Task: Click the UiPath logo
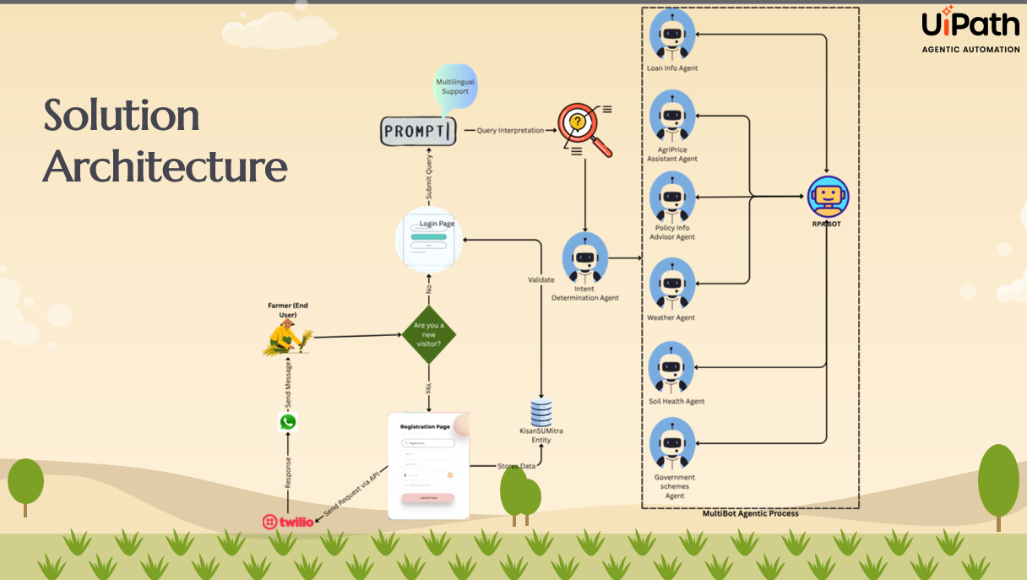click(970, 25)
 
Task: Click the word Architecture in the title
click(166, 167)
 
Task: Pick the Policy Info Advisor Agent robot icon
click(672, 198)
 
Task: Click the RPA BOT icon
click(828, 197)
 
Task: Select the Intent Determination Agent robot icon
click(585, 258)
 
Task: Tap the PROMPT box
click(418, 132)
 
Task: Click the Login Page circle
click(429, 239)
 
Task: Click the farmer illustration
click(286, 338)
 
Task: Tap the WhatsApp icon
click(288, 422)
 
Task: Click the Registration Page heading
click(425, 427)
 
